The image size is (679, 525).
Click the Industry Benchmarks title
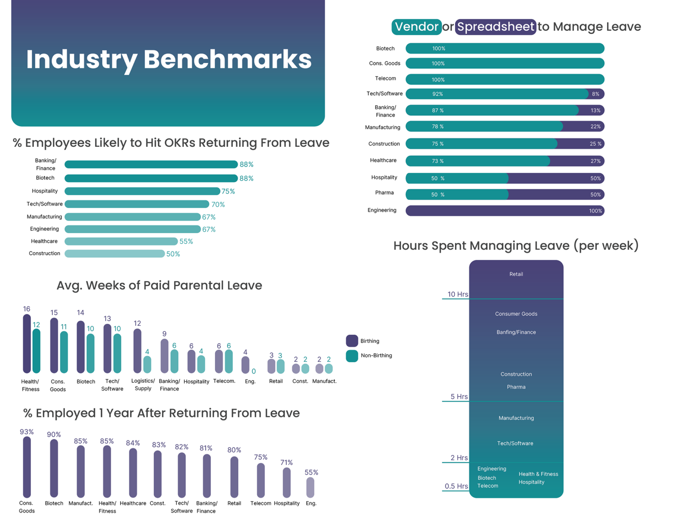(168, 59)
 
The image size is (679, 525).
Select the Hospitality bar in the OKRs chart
(142, 191)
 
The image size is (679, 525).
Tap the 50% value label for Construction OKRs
(173, 254)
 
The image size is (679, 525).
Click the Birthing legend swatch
(352, 341)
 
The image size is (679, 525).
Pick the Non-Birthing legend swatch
(352, 356)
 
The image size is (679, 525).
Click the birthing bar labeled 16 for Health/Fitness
(27, 344)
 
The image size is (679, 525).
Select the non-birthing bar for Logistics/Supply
(147, 364)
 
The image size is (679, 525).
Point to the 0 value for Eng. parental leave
(254, 372)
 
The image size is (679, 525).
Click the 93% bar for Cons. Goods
(27, 467)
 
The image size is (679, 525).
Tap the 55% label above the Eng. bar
(311, 472)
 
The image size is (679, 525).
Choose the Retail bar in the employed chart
(234, 477)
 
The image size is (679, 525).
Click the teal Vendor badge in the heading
(416, 27)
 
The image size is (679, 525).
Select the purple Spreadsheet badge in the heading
(496, 27)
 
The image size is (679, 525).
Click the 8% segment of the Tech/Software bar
(596, 94)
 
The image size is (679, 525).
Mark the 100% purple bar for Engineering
(505, 211)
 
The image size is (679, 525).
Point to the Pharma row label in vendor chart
(384, 193)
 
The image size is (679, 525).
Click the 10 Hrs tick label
(458, 294)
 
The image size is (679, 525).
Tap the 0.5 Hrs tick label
(456, 486)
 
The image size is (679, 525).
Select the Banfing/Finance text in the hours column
(516, 332)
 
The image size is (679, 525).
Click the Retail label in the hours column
(516, 274)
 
